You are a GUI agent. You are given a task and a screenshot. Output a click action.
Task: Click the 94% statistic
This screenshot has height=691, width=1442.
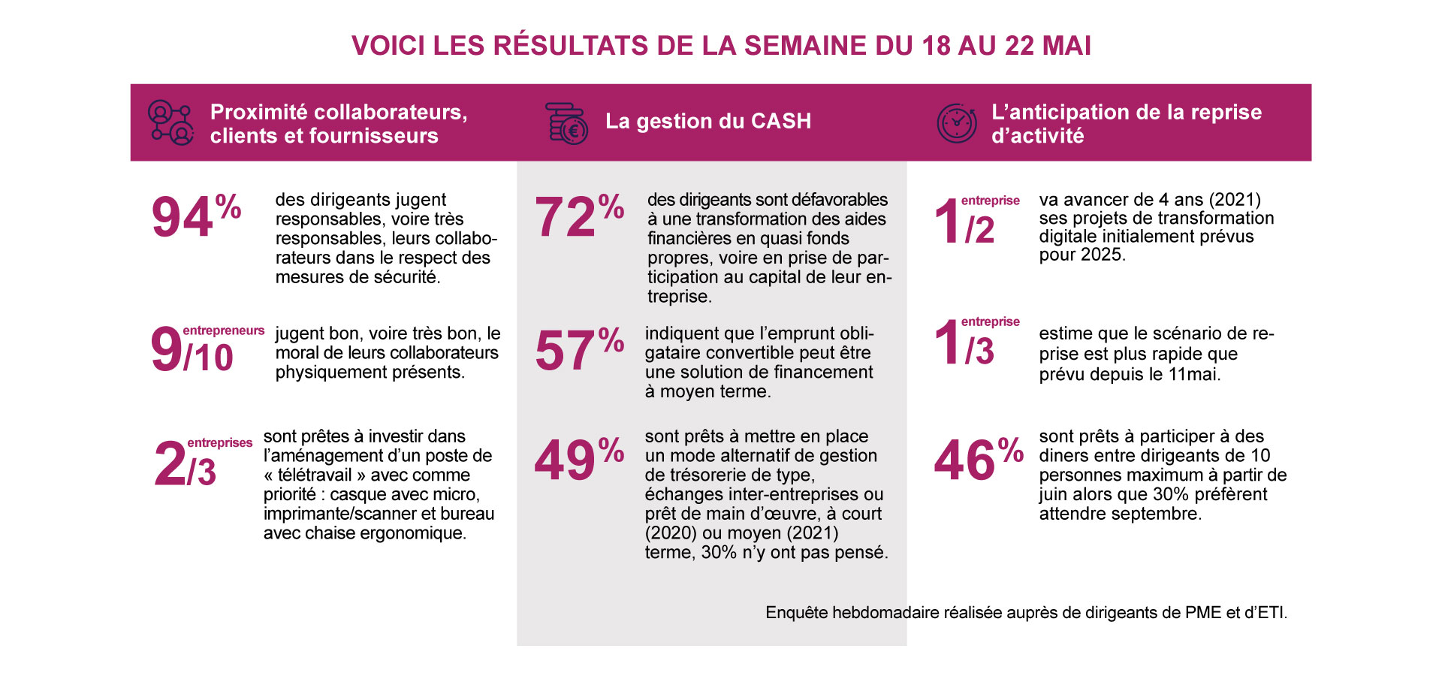(195, 216)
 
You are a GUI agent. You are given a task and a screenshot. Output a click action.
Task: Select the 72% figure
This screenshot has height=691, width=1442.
(578, 216)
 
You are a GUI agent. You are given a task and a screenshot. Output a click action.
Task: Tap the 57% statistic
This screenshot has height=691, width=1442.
(578, 350)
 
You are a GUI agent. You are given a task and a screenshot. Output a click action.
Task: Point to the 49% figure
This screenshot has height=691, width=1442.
(578, 460)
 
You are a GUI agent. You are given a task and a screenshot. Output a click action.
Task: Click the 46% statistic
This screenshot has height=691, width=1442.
(978, 460)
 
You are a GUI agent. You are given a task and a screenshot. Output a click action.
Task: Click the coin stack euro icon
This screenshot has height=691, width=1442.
(566, 124)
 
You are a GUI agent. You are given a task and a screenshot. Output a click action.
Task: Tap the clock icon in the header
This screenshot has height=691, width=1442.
(956, 123)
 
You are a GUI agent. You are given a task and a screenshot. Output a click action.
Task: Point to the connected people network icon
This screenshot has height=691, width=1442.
(170, 123)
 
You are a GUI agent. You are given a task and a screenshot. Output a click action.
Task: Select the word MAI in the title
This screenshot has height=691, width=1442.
(1066, 46)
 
